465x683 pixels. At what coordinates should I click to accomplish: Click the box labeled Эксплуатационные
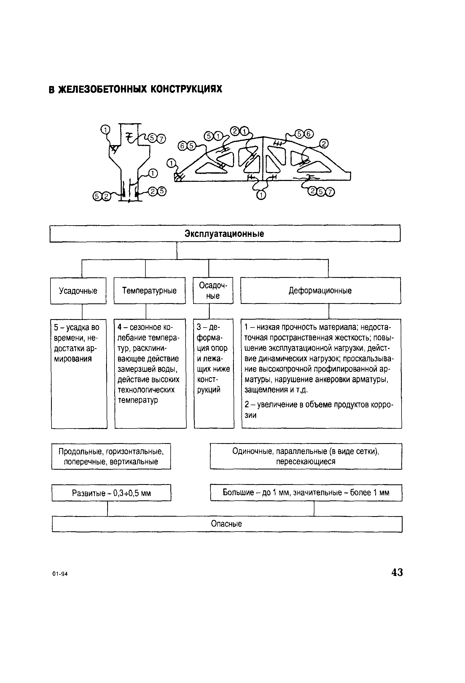click(x=225, y=234)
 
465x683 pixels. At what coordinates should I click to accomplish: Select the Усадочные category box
click(x=78, y=291)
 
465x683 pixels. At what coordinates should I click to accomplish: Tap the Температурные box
click(x=149, y=291)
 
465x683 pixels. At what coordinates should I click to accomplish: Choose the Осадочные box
click(x=213, y=290)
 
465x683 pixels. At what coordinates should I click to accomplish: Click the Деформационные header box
click(x=320, y=291)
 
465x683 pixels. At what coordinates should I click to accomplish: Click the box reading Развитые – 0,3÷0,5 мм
click(x=111, y=493)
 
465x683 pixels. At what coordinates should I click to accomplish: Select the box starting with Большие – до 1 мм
click(x=306, y=492)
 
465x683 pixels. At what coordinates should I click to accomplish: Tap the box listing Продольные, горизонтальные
click(x=111, y=456)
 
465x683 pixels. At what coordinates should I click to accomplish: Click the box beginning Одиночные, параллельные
click(x=305, y=456)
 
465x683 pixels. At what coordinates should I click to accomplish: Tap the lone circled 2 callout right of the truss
click(x=324, y=144)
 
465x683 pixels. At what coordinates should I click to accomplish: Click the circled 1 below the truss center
click(x=261, y=195)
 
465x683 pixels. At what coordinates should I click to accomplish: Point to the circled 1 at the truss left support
click(x=171, y=163)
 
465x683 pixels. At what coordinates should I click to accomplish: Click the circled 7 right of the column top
click(x=161, y=138)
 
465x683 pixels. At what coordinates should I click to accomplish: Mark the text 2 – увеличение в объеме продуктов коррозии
click(x=319, y=410)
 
